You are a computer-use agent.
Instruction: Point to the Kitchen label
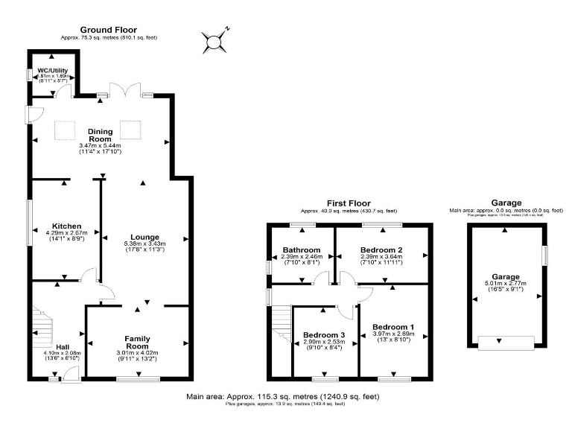click(66, 226)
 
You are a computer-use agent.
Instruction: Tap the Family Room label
click(138, 343)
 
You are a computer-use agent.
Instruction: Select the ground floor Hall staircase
click(43, 331)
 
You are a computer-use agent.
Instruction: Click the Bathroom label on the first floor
click(302, 250)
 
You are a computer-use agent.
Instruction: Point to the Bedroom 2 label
click(381, 250)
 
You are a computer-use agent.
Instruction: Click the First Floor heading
click(349, 203)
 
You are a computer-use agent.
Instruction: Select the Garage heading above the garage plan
click(506, 203)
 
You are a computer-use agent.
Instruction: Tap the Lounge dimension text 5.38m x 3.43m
click(145, 244)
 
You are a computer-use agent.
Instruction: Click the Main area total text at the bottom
click(283, 397)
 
